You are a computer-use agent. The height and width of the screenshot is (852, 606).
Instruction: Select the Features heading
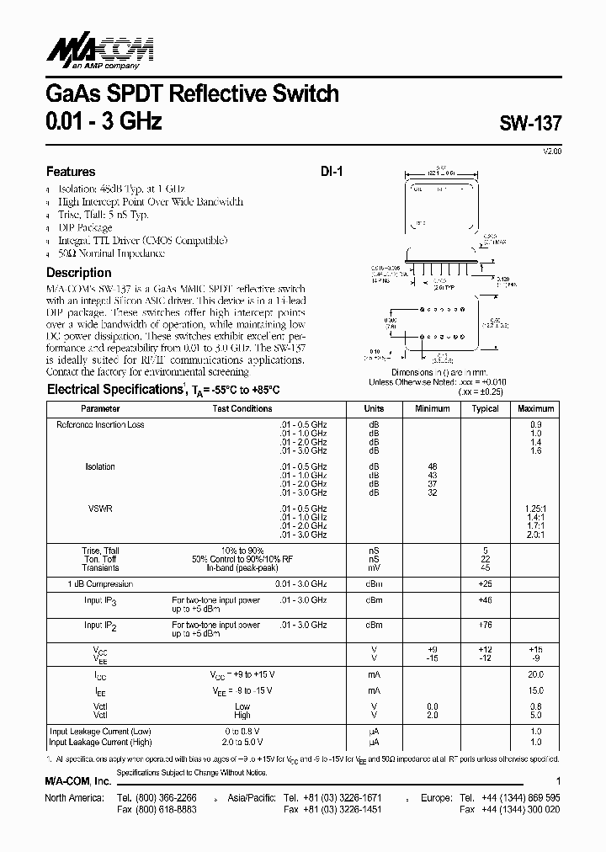(71, 171)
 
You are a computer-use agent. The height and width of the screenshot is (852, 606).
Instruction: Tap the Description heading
(78, 273)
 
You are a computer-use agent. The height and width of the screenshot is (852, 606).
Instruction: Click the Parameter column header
(100, 408)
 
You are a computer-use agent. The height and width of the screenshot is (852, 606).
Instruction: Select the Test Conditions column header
(242, 408)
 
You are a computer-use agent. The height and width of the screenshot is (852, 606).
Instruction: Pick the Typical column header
(486, 408)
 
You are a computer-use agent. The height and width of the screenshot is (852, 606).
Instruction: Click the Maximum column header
(536, 408)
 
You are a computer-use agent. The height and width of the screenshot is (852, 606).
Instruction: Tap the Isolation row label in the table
(100, 466)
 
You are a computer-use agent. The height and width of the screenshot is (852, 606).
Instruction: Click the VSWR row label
(100, 509)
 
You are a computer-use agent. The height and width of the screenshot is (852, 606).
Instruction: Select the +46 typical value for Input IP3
(486, 600)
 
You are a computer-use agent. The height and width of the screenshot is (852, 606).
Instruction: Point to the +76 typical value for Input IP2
(486, 625)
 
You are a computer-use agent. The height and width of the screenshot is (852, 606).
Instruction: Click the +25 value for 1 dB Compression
(486, 583)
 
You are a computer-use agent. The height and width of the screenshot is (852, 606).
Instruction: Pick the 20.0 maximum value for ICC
(536, 674)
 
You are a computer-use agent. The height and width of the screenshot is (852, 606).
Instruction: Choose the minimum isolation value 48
(433, 466)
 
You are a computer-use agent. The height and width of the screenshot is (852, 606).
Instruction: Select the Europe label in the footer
(437, 796)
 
